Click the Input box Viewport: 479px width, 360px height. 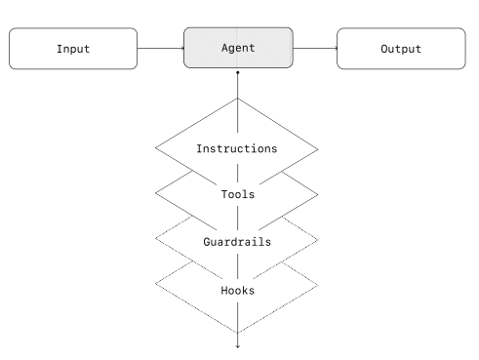pos(73,49)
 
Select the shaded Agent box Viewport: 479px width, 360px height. pos(238,49)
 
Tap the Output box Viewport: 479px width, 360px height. pos(401,49)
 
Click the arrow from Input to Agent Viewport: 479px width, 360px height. pos(160,49)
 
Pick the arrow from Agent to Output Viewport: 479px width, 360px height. pos(314,49)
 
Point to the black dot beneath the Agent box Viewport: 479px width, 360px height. pos(238,73)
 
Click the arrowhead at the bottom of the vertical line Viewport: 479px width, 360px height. pos(238,344)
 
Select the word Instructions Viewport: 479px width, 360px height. pos(237,149)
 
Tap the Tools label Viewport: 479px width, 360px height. pos(237,194)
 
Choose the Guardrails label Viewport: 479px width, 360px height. pos(237,240)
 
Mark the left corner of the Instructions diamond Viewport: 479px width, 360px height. pos(156,149)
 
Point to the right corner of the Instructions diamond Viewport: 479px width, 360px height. pos(319,149)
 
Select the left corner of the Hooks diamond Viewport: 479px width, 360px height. pos(156,285)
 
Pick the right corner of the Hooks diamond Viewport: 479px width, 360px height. pos(319,285)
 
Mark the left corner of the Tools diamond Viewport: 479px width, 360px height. pos(156,194)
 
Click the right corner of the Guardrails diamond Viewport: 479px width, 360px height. pos(319,240)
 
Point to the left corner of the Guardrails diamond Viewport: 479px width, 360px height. pos(156,240)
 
